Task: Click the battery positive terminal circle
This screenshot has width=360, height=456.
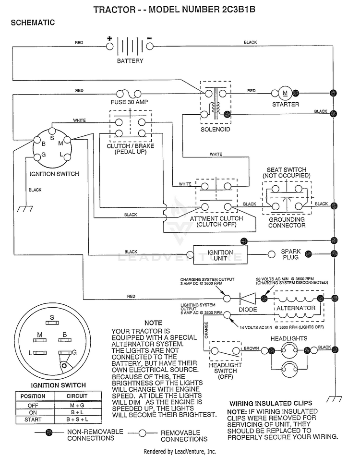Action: point(109,46)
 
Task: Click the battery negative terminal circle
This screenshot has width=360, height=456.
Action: point(150,46)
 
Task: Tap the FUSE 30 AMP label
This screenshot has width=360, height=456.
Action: point(130,102)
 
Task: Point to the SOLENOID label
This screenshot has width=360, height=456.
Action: point(215,130)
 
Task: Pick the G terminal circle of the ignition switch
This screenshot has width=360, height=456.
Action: point(37,157)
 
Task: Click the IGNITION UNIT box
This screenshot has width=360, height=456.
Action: point(220,255)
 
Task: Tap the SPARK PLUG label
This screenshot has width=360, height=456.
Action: point(291,254)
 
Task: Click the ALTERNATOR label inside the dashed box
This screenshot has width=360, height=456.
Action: point(296,308)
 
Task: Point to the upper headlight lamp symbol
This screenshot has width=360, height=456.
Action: point(289,350)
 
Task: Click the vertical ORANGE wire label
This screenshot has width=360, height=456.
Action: point(206,330)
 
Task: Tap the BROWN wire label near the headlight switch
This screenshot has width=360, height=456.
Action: point(251,348)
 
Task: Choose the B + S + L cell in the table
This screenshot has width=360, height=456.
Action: point(77,420)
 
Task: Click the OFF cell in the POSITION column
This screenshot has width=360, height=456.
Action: point(33,406)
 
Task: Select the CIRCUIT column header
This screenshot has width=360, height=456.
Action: point(77,396)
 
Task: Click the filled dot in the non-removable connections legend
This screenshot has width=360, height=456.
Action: point(49,432)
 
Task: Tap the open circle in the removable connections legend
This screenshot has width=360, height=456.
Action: point(142,433)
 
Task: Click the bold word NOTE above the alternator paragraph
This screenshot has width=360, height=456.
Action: point(153,323)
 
